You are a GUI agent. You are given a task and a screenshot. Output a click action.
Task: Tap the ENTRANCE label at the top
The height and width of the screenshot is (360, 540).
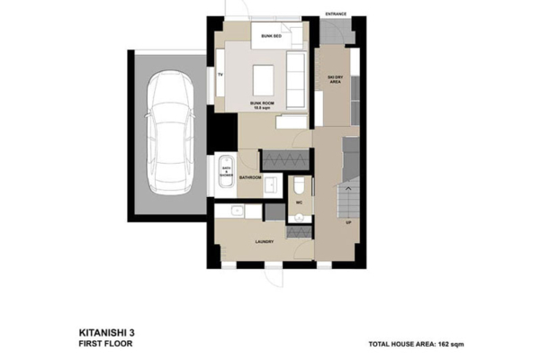[336, 14]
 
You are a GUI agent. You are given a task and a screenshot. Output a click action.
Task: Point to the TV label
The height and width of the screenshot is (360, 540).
[220, 76]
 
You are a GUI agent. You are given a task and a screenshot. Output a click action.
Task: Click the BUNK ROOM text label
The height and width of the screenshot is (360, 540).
[263, 104]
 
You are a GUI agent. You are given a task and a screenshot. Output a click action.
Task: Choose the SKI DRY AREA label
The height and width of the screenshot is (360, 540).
[334, 81]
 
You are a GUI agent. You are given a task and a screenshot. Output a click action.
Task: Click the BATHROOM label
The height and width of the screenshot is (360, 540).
[250, 178]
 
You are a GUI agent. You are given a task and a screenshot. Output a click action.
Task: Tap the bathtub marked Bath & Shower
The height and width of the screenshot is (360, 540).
[224, 175]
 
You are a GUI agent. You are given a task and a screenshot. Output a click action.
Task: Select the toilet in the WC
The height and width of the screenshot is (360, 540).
[299, 185]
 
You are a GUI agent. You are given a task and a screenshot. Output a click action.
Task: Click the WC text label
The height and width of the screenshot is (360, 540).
[298, 203]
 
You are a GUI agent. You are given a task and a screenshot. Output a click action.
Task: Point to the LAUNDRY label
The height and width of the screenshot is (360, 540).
[265, 241]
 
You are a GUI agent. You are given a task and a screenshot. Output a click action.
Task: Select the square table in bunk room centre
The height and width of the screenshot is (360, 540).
[265, 79]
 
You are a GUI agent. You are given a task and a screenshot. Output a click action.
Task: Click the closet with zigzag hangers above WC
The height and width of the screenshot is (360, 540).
[286, 160]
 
